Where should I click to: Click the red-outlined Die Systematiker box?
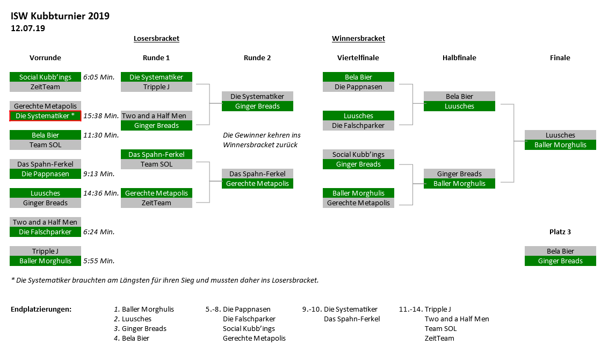tap(45, 116)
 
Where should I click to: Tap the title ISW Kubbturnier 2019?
tap(60, 16)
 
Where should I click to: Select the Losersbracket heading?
tap(156, 38)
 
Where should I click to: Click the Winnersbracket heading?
tap(358, 38)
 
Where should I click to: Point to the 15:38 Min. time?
tap(101, 116)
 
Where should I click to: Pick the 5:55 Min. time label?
tap(99, 261)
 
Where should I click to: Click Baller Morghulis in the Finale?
tap(560, 145)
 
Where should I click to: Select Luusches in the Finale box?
tap(560, 135)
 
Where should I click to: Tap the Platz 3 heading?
tap(560, 232)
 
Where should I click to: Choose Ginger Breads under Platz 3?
tap(560, 261)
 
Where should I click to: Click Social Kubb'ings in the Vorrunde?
tap(45, 77)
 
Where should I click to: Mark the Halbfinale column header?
tap(459, 58)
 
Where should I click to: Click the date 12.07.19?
tap(28, 28)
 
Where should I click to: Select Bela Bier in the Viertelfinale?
tap(358, 77)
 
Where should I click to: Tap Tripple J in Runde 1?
tap(156, 87)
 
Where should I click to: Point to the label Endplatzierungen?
tap(41, 309)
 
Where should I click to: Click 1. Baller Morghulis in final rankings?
tap(144, 309)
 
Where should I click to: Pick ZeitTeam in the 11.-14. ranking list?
tap(439, 339)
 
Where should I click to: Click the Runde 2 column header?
tap(257, 58)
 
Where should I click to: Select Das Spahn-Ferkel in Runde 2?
tap(257, 174)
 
